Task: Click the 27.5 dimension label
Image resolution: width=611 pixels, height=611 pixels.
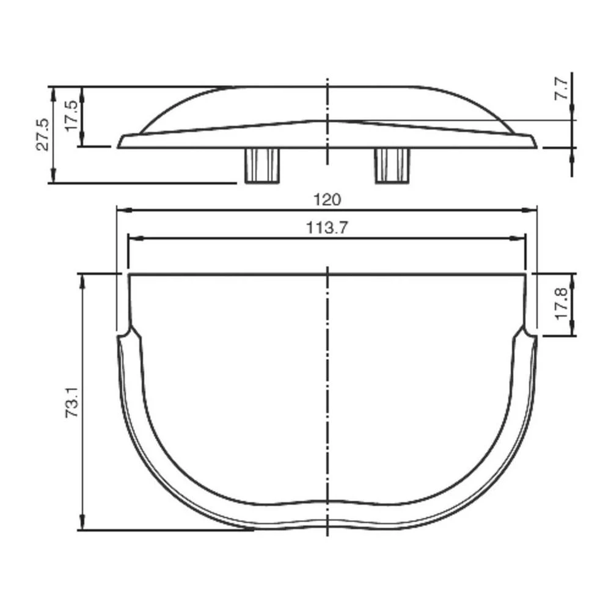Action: point(42,135)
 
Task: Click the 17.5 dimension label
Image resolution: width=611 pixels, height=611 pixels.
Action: point(71,116)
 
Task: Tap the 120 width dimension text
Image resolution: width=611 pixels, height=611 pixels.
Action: point(327,199)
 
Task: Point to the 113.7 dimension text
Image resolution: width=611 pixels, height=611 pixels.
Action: point(327,228)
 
